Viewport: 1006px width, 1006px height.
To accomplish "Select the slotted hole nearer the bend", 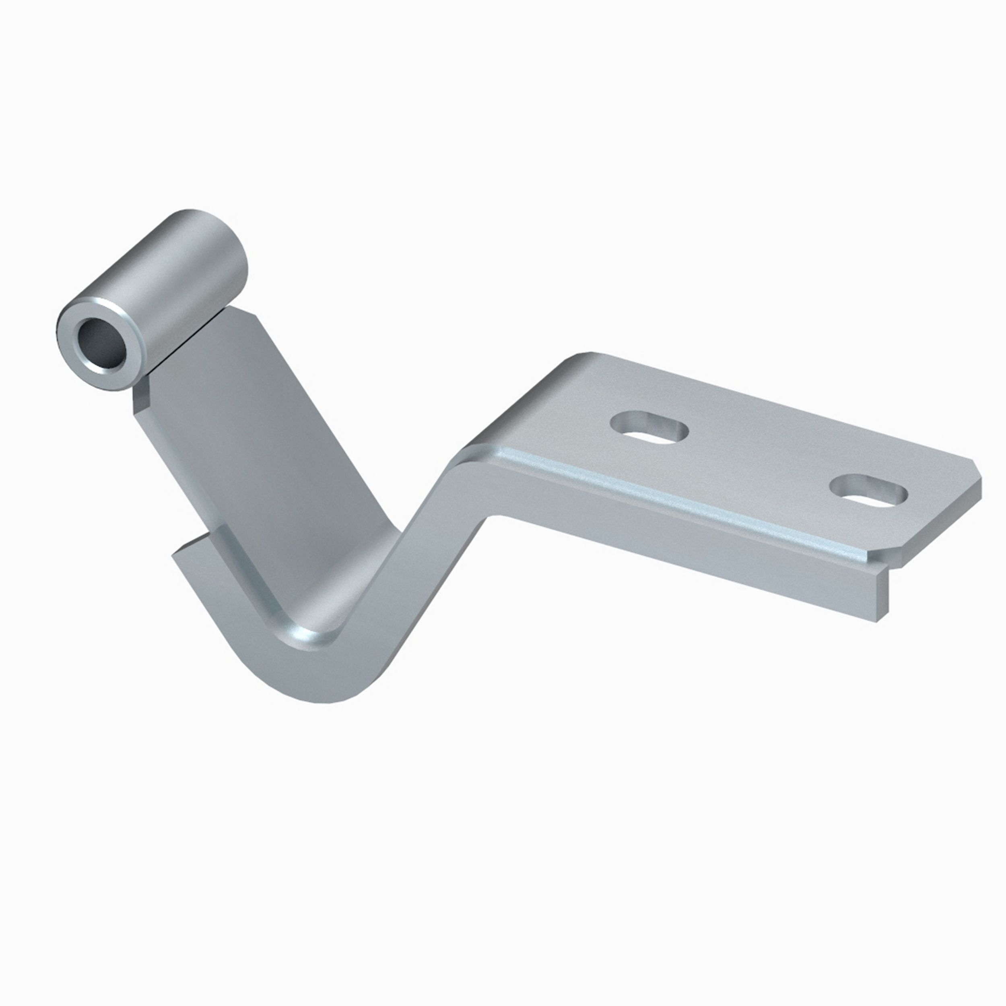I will click(x=650, y=429).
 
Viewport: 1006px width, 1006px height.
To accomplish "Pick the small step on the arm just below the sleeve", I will click(x=140, y=398).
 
